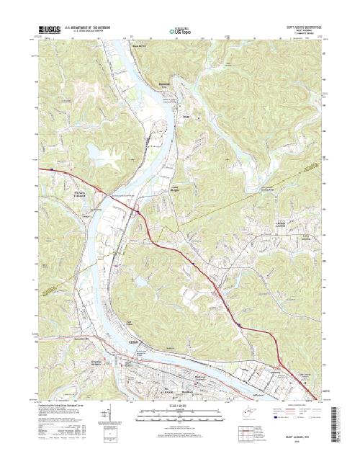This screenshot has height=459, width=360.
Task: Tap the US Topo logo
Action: (180, 32)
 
